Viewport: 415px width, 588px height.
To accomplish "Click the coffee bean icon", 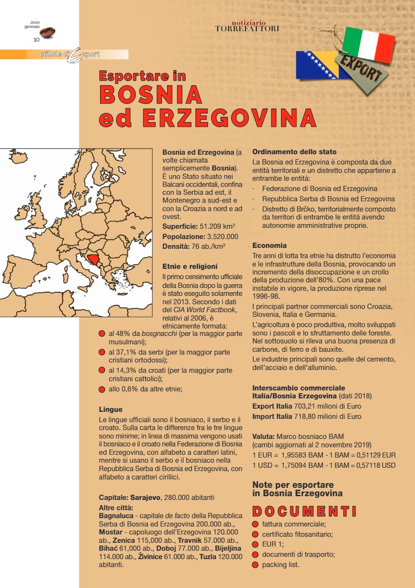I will point(47,32).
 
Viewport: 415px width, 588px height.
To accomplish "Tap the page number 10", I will point(36,40).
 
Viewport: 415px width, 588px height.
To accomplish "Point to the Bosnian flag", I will point(316,65).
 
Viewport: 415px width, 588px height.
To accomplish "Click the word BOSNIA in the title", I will point(151,95).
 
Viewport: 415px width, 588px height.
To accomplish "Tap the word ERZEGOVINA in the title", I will point(229,118).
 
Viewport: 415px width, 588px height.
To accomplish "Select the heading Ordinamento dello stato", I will point(294,152).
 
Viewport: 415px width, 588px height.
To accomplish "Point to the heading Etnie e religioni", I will point(190,267).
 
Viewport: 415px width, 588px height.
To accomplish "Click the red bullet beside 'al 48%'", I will point(102,334).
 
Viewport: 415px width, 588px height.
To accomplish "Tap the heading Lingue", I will point(110,410).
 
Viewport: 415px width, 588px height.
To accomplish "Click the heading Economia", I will point(269,245).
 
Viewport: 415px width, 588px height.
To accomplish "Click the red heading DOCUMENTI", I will point(304,511).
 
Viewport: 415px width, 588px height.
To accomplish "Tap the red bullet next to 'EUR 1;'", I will point(255,544).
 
